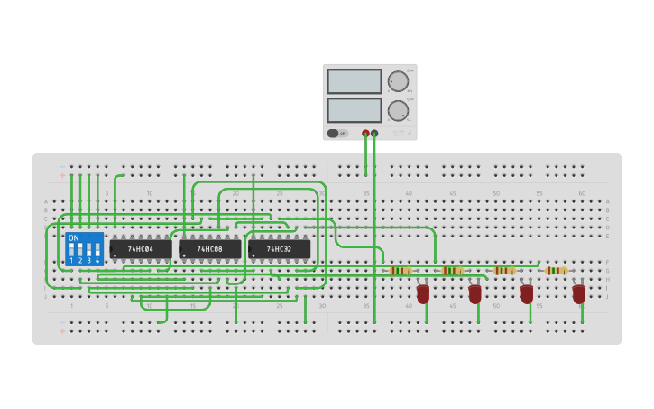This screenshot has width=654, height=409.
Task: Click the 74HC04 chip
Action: coord(141,248)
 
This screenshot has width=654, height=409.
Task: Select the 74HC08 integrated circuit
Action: coord(210,248)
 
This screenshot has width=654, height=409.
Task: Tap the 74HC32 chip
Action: coord(279,248)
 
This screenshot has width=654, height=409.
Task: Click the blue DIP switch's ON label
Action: coord(74,238)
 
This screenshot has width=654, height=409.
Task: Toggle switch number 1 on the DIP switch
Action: coord(71,248)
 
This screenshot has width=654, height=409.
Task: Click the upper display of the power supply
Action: coord(355,81)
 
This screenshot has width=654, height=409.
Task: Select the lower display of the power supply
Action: coord(355,110)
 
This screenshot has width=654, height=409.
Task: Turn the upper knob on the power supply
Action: coord(398,81)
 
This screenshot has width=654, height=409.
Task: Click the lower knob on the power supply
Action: coord(398,111)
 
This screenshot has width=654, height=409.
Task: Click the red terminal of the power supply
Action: coord(365,134)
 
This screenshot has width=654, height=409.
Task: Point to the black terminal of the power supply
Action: coord(374,134)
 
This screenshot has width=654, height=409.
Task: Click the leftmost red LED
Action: coord(423,294)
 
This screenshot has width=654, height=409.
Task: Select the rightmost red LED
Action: coord(579,294)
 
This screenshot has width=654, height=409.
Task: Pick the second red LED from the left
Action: coord(475,294)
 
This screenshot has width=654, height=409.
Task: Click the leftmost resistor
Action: coord(401,270)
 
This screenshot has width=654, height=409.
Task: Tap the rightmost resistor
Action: coord(557,270)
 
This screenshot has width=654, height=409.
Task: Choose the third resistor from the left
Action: coord(505,270)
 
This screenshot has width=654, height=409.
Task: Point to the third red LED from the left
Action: coord(527,294)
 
